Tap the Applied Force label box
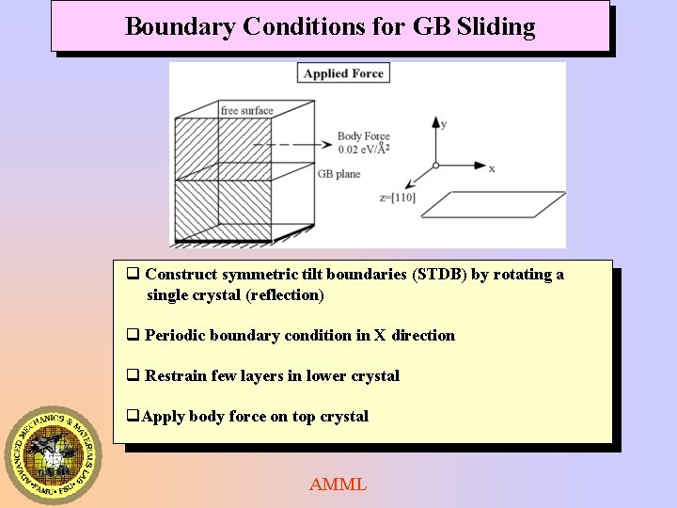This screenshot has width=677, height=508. point(343,73)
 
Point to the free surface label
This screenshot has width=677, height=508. point(246,111)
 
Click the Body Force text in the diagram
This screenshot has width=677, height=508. point(363,136)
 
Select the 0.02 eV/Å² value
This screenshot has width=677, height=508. point(363,149)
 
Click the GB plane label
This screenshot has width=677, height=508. point(338,174)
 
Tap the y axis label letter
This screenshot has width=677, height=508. point(443,123)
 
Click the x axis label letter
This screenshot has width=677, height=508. point(492,168)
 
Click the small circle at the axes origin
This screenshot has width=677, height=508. point(435,166)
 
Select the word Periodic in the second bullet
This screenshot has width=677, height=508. point(176,336)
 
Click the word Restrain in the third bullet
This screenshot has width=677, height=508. point(176,376)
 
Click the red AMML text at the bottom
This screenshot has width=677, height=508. point(338,484)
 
